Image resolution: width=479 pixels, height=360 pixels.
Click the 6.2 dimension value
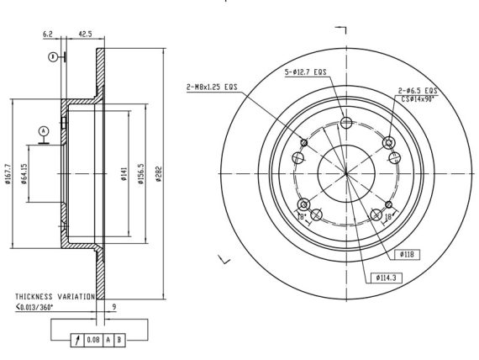(48, 34)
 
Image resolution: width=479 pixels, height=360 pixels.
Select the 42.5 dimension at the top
(85, 34)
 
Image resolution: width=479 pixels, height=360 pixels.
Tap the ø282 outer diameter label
(158, 174)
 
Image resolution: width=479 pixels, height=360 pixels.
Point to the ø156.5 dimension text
(141, 173)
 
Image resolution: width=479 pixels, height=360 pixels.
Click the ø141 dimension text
(124, 174)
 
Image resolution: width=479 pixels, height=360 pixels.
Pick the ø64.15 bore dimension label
(24, 174)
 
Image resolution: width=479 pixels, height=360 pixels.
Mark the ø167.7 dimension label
(8, 174)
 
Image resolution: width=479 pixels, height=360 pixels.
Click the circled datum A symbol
(44, 131)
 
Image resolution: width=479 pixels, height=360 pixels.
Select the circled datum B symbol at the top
(53, 57)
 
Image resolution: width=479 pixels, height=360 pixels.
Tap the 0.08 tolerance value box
(93, 340)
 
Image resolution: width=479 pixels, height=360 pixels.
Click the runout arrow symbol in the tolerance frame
(77, 340)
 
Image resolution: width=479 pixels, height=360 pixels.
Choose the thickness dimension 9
(114, 306)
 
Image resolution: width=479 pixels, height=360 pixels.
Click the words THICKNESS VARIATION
(55, 297)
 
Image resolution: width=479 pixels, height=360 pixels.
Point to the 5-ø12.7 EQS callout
(306, 72)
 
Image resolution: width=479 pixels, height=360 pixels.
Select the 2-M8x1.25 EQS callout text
(212, 87)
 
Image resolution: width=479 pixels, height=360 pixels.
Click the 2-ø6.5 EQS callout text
(418, 91)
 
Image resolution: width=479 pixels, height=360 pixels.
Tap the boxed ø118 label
(407, 255)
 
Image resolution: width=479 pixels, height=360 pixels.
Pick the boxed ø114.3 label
(386, 278)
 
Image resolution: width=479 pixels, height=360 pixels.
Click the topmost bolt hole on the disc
(346, 123)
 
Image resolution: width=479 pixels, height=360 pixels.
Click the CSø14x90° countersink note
(418, 98)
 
